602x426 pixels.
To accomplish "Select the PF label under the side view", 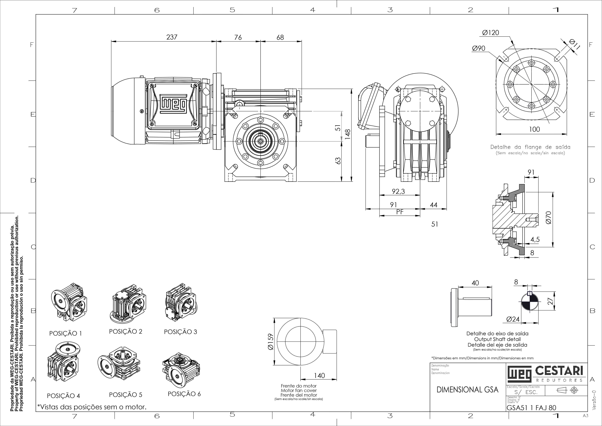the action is tap(400, 212).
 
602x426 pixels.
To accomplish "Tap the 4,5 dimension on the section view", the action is tap(535, 239).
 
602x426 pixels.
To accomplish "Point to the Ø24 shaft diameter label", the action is tap(513, 319).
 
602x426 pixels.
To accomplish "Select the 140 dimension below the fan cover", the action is tap(319, 376).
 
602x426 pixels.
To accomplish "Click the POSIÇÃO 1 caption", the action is tap(66, 333).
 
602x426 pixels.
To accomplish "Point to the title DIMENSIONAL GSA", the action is tap(467, 390).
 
